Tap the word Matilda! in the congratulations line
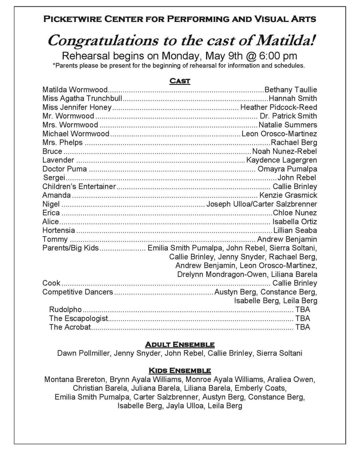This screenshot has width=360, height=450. (286, 41)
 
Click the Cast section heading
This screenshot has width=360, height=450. (180, 81)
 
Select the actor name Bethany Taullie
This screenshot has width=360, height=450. (291, 90)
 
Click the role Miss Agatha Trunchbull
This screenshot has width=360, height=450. (82, 98)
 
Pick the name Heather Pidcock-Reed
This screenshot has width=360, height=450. (279, 107)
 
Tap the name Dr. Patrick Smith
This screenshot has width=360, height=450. (288, 116)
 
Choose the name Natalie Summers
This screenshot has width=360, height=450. (288, 125)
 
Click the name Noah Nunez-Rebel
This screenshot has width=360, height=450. (284, 151)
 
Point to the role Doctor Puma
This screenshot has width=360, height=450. (64, 169)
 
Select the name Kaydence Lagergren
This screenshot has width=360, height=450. (282, 160)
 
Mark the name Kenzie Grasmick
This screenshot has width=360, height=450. (288, 195)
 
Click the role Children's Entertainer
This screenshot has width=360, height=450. (79, 186)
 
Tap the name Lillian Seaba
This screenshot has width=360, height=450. (295, 230)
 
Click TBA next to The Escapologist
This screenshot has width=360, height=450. (303, 319)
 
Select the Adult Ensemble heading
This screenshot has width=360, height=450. (180, 345)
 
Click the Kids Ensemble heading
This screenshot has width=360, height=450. (180, 371)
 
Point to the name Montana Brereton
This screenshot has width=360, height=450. (75, 380)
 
